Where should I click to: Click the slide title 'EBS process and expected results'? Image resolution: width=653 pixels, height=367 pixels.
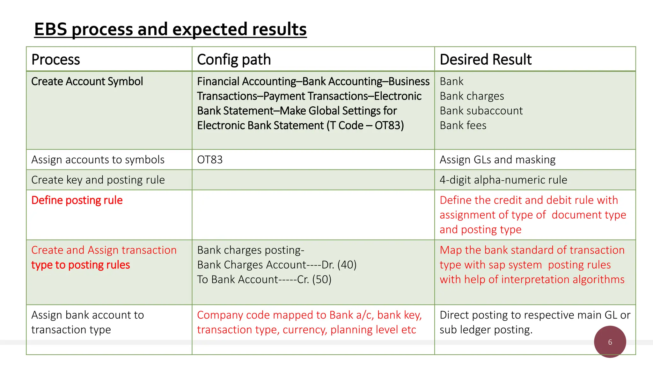coord(170,30)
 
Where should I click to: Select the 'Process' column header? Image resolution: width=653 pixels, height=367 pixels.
coord(56,60)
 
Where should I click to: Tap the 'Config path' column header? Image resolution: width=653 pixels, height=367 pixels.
coord(234,60)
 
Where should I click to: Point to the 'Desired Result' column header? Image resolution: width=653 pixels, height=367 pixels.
coord(486,60)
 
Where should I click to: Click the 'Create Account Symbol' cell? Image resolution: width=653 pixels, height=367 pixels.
coord(87,82)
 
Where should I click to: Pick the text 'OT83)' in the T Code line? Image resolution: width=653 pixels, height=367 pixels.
coord(389,126)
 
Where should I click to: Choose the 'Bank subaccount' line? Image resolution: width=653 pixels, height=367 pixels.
coord(481,111)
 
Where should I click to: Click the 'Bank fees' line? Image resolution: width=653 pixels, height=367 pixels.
coord(463,126)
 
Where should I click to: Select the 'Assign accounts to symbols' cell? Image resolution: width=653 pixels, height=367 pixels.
coord(98,160)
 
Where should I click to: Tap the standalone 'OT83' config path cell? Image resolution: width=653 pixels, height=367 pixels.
coord(210,160)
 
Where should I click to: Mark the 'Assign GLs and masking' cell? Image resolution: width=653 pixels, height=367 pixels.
coord(497,160)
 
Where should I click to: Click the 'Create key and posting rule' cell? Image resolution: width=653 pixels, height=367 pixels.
coord(98,180)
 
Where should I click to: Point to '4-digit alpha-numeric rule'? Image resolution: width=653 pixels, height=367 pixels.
coord(503,180)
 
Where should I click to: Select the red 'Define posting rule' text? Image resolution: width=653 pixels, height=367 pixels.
coord(77,200)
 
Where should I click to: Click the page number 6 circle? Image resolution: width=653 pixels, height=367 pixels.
coord(610,342)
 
